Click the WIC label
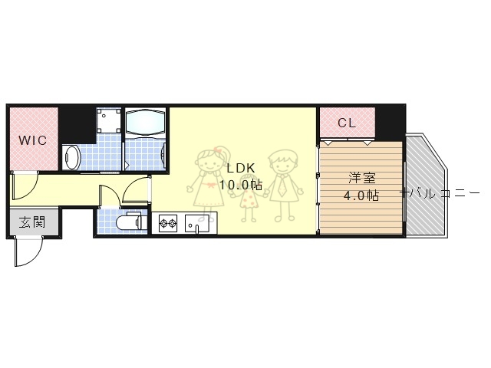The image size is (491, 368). pos(32,141)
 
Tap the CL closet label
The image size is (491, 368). pos(346,123)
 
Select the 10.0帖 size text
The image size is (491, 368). pos(240,185)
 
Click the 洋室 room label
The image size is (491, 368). pos(361,178)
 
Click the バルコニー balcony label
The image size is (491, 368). pos(440,193)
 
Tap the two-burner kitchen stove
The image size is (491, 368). pos(168,225)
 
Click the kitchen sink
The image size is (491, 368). pos(197,225)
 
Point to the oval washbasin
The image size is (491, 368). pos(71,157)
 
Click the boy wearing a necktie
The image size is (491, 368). pos(282,182)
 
